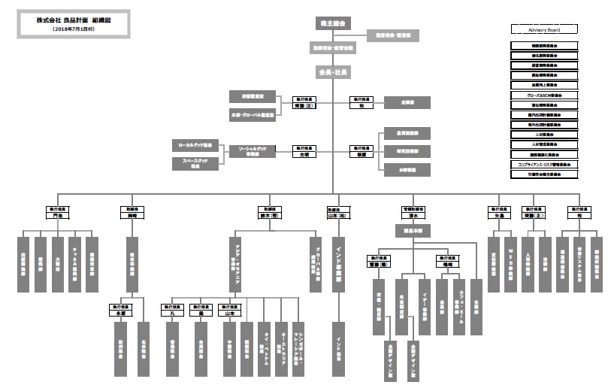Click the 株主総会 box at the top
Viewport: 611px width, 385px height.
point(332,23)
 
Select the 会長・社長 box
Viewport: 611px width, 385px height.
point(332,72)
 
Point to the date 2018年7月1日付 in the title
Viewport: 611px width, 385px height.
point(74,29)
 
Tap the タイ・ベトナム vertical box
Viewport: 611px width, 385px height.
point(265,338)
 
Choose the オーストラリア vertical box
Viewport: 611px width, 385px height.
point(282,338)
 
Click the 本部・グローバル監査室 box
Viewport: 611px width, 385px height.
point(252,115)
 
